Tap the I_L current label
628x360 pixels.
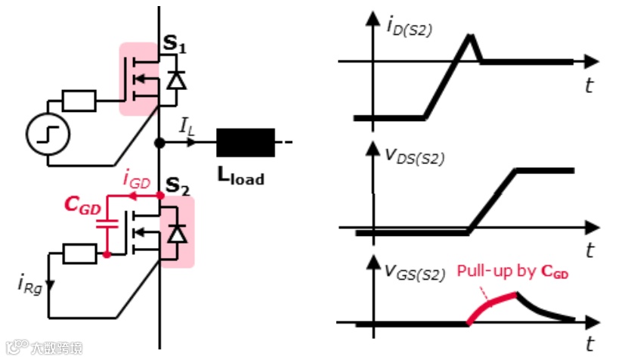coord(187,126)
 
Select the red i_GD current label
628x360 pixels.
coord(137,182)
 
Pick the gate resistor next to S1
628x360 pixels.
coord(79,100)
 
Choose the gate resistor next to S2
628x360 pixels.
coord(79,254)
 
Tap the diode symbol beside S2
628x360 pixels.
coord(178,235)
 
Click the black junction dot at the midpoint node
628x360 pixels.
coord(159,142)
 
